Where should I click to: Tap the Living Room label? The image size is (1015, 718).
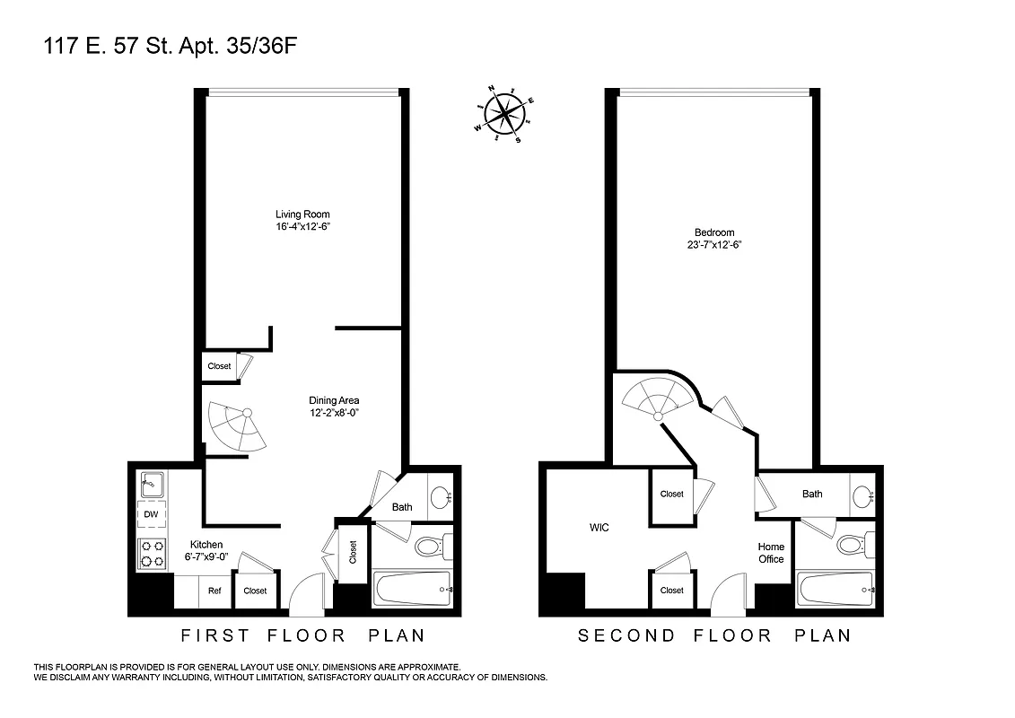coord(296,215)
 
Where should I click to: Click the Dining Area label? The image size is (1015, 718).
coord(335,400)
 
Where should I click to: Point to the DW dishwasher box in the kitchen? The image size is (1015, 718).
coord(151,515)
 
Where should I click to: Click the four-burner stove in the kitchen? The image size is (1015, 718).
coord(152,553)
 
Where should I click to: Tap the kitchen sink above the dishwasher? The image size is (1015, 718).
coord(151,486)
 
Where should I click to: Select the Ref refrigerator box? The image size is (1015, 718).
coord(214,591)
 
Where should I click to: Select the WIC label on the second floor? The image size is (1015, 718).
coord(599,528)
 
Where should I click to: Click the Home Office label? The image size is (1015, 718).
coord(771,553)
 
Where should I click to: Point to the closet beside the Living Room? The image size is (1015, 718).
coord(219,366)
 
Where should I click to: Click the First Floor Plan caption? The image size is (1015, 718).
coord(302,635)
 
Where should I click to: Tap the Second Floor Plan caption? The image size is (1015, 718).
coord(713,635)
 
